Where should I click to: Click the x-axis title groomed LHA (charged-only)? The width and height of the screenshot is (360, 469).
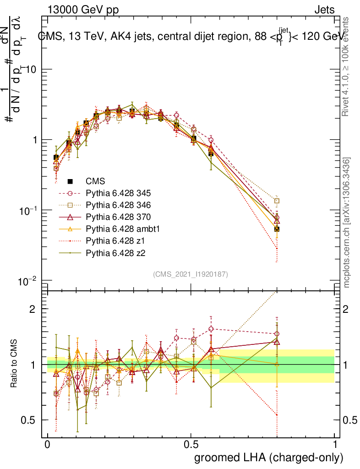coord(268,458)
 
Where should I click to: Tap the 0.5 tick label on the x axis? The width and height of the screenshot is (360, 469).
coord(191,445)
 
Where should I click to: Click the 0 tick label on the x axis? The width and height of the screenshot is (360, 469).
coord(47,445)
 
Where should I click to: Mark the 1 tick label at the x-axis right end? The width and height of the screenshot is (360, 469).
coord(334,445)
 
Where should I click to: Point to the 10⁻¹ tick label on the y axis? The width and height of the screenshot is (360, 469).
coord(28,210)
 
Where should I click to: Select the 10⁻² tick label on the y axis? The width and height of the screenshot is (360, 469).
coord(28,280)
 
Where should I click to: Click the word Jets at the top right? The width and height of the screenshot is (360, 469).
coord(324,10)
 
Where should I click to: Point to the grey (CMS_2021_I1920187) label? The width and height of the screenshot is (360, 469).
coord(191,274)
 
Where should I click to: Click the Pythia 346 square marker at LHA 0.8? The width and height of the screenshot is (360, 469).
coord(277,201)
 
